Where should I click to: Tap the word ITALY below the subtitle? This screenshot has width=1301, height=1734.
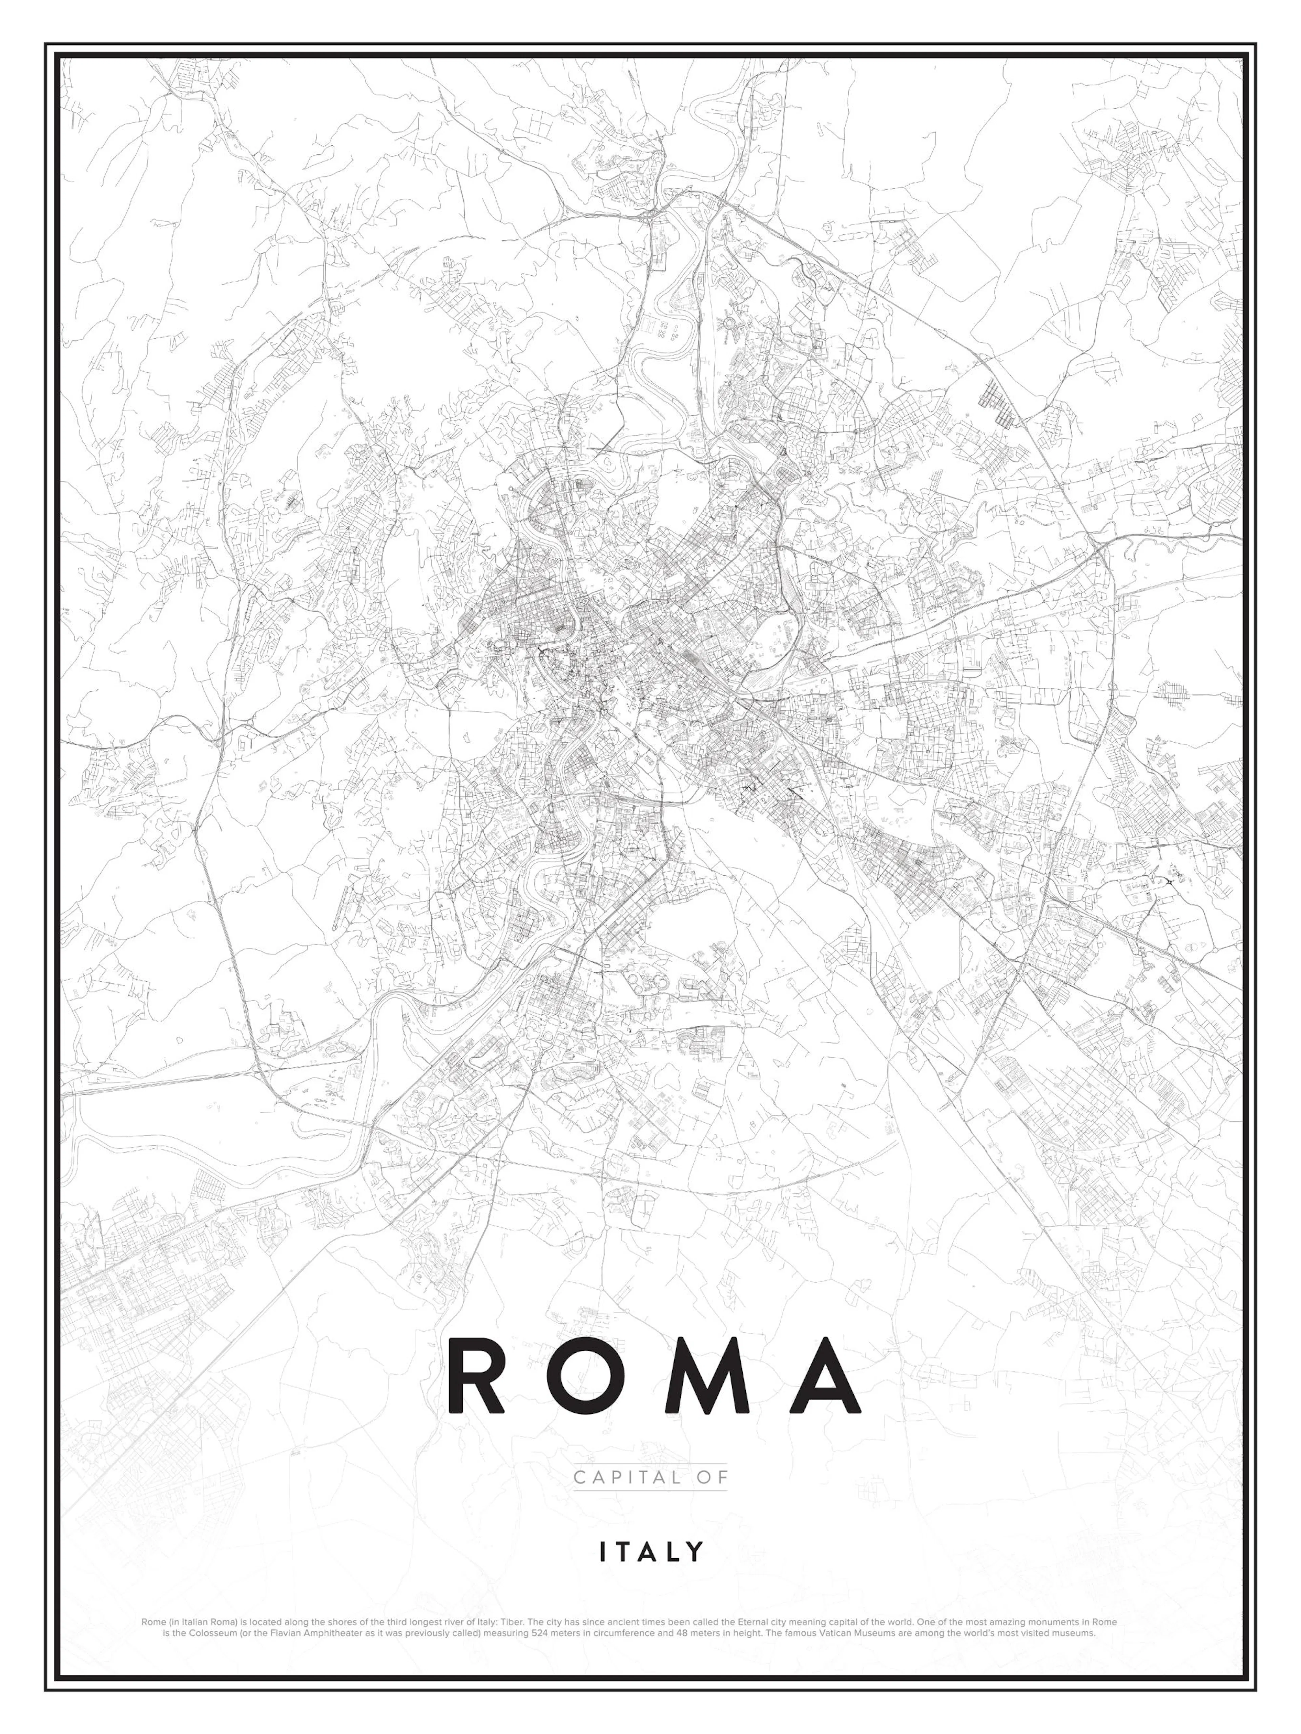(x=651, y=1551)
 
